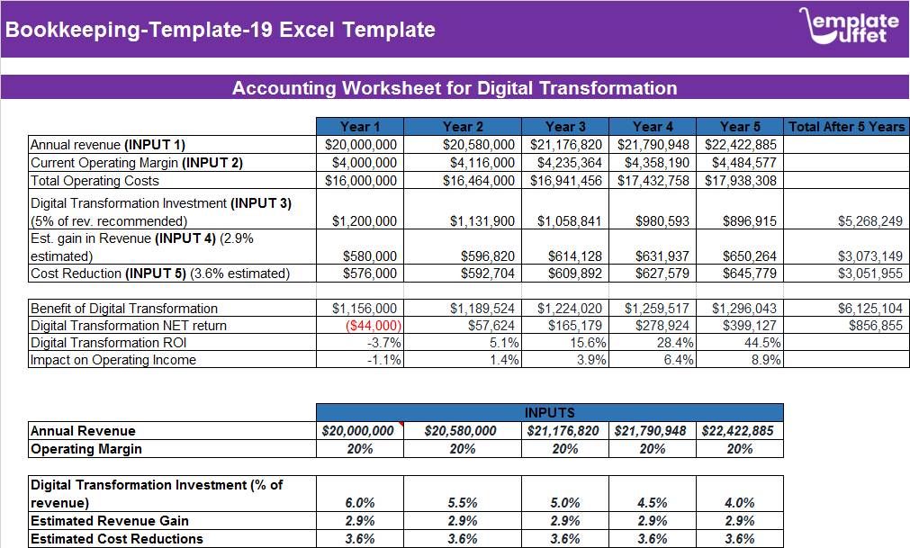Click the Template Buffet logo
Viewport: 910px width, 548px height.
coord(848,26)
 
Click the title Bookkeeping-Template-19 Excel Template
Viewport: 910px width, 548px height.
coord(221,30)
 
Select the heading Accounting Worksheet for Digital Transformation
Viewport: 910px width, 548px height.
coord(455,88)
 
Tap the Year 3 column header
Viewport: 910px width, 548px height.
coord(565,127)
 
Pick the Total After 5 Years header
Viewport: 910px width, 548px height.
coord(846,127)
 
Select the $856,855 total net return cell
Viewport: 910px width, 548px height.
coord(875,326)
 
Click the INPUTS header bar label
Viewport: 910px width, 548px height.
coord(549,412)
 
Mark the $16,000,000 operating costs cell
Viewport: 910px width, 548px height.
coord(360,181)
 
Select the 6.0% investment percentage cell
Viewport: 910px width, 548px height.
coord(360,503)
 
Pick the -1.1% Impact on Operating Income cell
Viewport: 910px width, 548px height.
coord(382,360)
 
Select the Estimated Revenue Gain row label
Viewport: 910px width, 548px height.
coord(110,521)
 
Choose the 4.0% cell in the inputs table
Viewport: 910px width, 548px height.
coord(739,503)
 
